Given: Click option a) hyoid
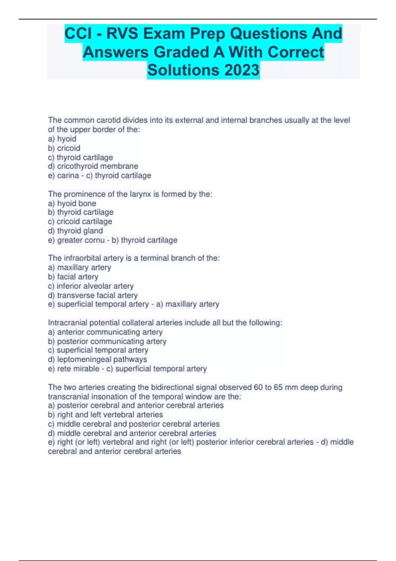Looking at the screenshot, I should (62, 139).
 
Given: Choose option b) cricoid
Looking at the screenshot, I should (64, 148).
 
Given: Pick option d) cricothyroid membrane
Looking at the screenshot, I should (93, 166).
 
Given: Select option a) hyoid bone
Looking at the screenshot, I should (72, 203).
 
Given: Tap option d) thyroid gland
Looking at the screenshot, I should (75, 231).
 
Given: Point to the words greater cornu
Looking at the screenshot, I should (81, 240).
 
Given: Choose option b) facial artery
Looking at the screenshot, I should (73, 277).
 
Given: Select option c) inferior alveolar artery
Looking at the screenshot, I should (91, 286).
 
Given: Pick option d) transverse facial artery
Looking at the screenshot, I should (93, 295).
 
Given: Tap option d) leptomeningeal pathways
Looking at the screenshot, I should (97, 359).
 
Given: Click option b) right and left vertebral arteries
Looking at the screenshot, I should (105, 414).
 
